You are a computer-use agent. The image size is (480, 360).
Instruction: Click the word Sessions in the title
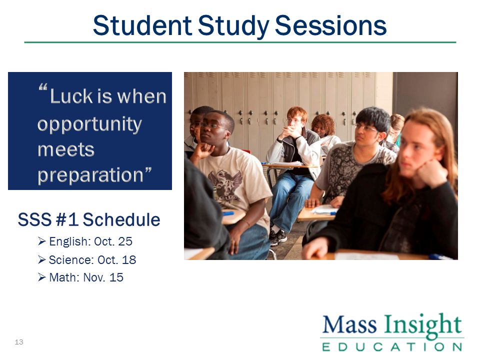[330, 25]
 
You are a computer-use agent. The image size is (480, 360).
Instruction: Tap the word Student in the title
[142, 25]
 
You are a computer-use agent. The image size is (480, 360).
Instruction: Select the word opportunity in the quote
[89, 124]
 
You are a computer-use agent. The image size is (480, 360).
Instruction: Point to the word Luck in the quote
[71, 96]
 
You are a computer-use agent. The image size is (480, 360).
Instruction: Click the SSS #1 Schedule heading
[89, 219]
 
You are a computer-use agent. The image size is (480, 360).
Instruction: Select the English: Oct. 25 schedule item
[90, 241]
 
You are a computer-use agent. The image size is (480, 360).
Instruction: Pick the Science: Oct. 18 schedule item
[92, 260]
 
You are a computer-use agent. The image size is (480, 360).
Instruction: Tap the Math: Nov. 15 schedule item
[86, 277]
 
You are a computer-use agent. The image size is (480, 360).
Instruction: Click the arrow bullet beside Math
[41, 277]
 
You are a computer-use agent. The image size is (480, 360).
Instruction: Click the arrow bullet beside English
[41, 241]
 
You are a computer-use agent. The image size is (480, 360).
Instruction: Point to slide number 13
[19, 342]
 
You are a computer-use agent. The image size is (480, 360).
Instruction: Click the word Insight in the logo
[423, 325]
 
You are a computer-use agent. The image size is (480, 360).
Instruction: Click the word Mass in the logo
[349, 324]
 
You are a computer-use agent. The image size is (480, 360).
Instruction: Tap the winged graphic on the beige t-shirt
[224, 184]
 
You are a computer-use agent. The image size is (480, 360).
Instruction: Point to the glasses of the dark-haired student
[365, 128]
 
